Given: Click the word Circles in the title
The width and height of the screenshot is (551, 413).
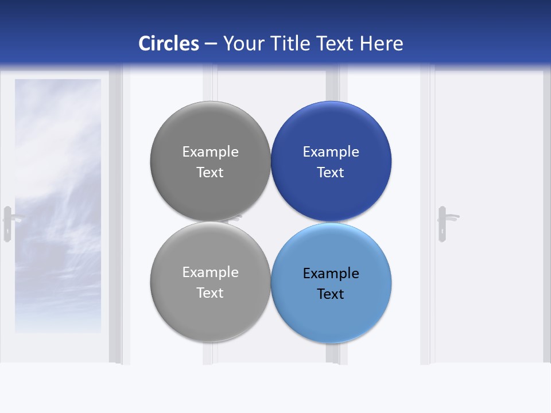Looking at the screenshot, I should coord(169,43).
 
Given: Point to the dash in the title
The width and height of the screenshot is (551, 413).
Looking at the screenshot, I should coord(211,44).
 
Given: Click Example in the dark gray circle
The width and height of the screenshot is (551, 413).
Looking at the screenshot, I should coord(210,152).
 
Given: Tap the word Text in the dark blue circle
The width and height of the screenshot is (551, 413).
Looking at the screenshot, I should coord(331,172).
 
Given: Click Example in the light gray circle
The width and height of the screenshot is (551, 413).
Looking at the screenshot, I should coord(210,272).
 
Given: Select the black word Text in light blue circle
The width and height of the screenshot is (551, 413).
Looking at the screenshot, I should coord(331,294).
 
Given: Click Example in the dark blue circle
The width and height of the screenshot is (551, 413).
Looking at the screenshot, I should coord(331,152).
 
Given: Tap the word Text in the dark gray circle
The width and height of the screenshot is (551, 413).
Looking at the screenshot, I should coord(210,172).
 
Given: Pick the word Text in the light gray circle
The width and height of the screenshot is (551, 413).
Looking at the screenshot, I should coord(210,293).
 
